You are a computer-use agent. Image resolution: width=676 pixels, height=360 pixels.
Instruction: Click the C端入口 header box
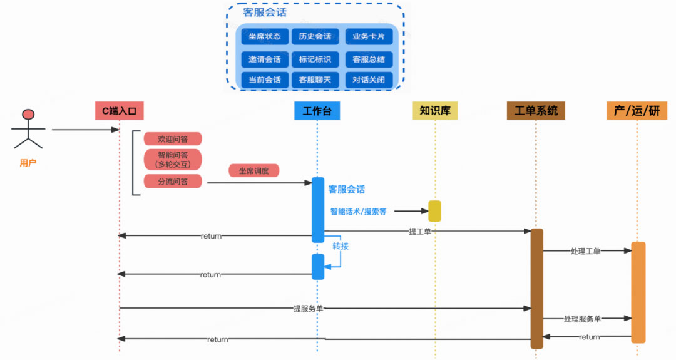point(120,111)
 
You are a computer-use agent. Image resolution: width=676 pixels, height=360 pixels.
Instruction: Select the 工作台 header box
point(317,111)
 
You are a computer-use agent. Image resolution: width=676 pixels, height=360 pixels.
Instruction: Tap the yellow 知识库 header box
point(435,111)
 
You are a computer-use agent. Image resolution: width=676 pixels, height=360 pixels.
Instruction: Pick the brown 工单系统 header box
point(536,111)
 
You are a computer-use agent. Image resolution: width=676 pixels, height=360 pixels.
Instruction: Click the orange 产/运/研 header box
point(637,111)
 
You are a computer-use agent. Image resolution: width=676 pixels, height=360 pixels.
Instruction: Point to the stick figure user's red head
point(28,115)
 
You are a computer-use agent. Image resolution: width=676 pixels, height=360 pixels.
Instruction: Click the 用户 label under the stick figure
point(28,163)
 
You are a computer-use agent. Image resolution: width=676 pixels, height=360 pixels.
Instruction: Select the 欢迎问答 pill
point(173,139)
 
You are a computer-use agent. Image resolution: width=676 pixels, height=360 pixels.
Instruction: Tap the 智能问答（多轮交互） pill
point(173,160)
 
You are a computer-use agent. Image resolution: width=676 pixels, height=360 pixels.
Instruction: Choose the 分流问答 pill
point(173,182)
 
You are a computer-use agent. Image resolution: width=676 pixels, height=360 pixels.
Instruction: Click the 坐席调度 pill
point(253,171)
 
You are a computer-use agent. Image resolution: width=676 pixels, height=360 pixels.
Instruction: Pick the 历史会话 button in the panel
point(315,36)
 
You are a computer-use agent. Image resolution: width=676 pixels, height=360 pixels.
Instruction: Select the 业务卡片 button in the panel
point(369,36)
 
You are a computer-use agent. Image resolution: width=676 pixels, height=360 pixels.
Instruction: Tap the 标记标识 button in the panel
point(315,59)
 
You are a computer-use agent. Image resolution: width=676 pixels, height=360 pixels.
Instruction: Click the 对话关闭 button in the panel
point(369,80)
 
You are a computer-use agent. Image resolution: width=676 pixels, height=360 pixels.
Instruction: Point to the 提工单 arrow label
point(419,231)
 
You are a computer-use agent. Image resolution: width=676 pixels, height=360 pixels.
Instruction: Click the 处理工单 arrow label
point(585,251)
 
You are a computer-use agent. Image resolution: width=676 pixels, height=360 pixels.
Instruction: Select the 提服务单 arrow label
point(308,308)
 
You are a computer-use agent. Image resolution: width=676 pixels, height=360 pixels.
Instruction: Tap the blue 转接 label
point(341,246)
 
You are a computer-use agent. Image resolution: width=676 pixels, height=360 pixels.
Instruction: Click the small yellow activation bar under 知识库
point(434,211)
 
